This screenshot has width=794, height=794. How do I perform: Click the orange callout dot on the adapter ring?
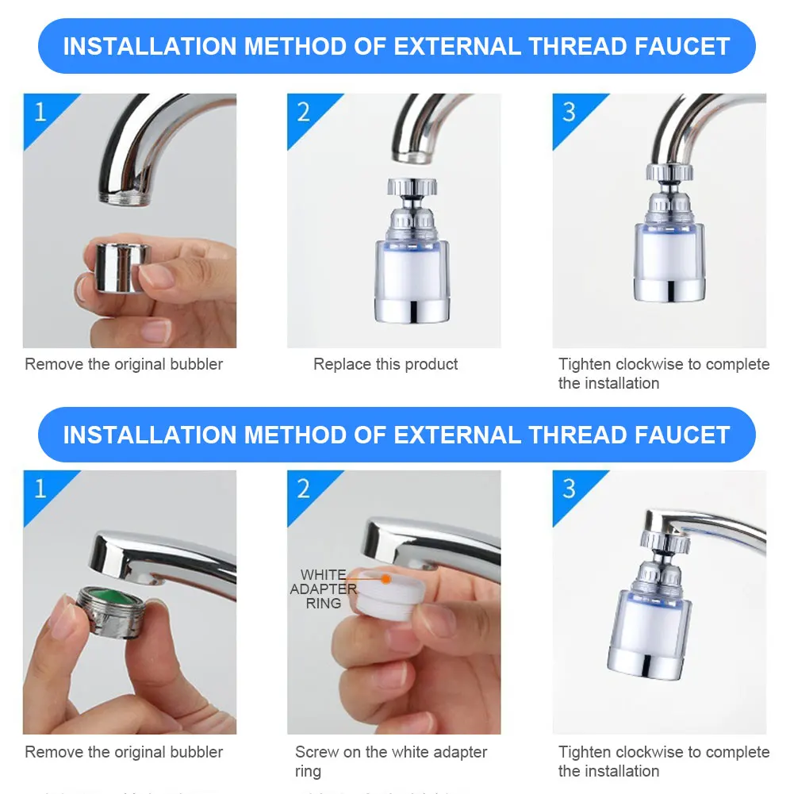[x=385, y=579]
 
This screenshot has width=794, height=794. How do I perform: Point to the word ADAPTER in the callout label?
[x=323, y=589]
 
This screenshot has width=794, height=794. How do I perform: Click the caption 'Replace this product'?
[x=385, y=364]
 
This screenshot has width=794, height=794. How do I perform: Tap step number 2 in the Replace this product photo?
[x=303, y=112]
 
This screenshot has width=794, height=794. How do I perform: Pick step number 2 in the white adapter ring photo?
[x=303, y=489]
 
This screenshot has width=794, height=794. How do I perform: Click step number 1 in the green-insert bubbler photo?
[x=40, y=489]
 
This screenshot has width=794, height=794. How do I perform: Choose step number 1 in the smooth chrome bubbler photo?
[x=40, y=112]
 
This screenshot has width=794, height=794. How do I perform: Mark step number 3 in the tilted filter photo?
[x=568, y=489]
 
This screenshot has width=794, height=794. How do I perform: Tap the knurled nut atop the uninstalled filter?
[x=409, y=188]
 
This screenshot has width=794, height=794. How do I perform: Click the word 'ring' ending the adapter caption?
[x=308, y=771]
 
